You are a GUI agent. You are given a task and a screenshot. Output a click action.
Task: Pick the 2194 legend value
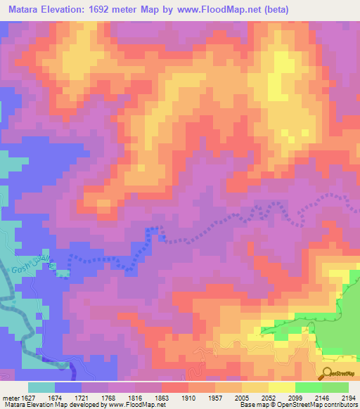coord(349,397)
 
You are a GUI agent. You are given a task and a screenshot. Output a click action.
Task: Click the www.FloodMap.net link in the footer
coord(134,405)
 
